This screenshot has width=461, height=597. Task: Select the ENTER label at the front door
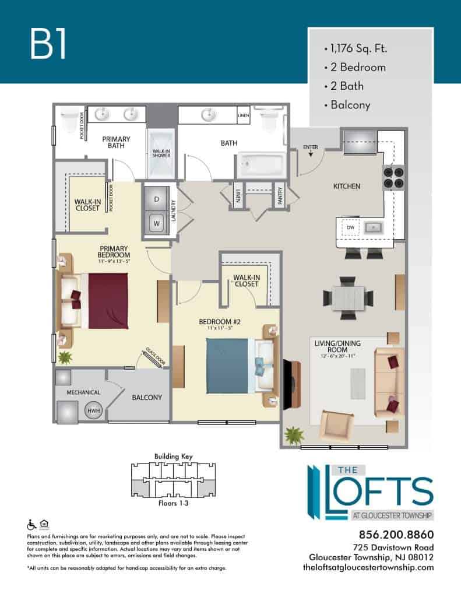click(x=311, y=147)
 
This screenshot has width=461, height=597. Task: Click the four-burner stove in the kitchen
click(x=393, y=178)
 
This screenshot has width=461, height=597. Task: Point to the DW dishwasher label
click(x=351, y=227)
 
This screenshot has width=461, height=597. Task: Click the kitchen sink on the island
click(x=374, y=228)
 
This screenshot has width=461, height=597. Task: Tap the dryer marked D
click(x=156, y=199)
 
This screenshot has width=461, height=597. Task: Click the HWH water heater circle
click(x=94, y=410)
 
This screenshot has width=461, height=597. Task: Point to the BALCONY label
click(x=147, y=398)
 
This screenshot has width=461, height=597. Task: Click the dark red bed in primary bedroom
click(x=108, y=301)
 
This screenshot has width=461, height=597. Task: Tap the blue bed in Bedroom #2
click(x=228, y=366)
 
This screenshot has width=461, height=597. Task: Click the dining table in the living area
click(x=348, y=298)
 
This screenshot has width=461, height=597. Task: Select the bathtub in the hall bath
click(x=262, y=164)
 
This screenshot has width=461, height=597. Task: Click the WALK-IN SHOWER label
click(x=161, y=153)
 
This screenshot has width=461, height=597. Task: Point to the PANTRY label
click(x=280, y=196)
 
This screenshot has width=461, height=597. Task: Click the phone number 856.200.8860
click(x=396, y=535)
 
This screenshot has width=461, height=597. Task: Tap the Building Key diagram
click(x=173, y=480)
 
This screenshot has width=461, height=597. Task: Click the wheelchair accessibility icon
click(x=31, y=525)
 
